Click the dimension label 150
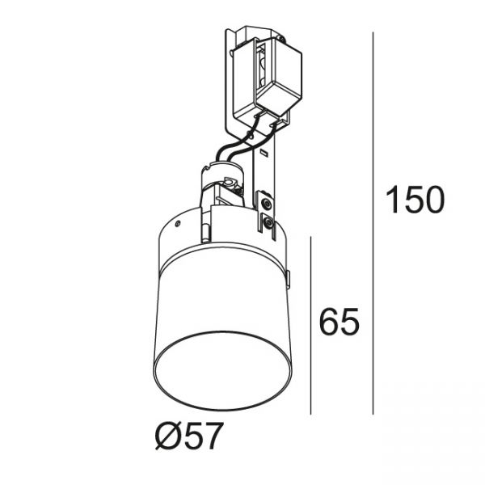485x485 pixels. pos(415,200)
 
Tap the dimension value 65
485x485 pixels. pos(339,322)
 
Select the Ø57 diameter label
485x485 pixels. pos(188,436)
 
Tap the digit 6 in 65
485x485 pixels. pos(329,322)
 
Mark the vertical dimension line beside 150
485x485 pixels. pos(373,223)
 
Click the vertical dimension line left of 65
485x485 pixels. pos(310,326)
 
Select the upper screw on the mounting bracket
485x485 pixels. pos(265,203)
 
